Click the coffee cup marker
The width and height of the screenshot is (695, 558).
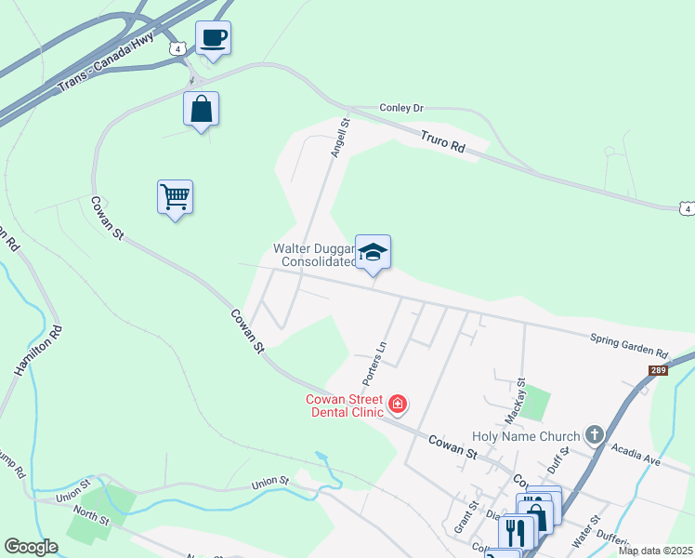point(213,38)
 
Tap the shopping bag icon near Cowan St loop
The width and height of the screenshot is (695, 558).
point(201,109)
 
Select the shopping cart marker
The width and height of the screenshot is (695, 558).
point(175,197)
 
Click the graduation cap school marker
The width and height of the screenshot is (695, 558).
point(373,252)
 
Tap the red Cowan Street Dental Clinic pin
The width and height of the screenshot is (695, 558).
point(398,403)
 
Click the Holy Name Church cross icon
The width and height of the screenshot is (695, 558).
point(594,434)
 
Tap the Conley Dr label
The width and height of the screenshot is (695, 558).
point(401,108)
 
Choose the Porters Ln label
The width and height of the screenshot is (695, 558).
point(374,364)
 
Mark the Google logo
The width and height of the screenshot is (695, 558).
point(32,547)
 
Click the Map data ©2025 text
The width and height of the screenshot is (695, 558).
point(654,551)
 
